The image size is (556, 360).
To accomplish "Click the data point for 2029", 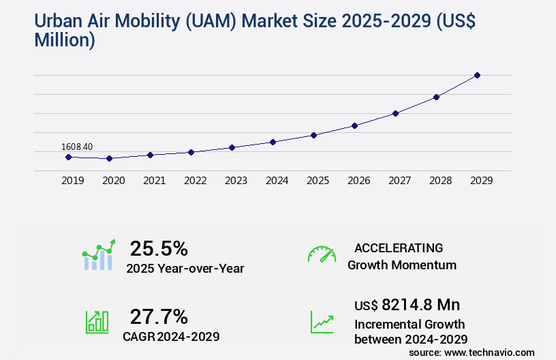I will click(477, 75).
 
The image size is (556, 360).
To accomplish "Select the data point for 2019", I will click(68, 157).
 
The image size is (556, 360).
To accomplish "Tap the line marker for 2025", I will click(313, 135).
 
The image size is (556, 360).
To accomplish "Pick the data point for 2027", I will click(395, 113).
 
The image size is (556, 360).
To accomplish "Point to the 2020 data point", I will click(109, 158).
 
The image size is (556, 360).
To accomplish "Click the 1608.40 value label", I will click(77, 147).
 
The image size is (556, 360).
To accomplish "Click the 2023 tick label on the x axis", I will click(236, 181).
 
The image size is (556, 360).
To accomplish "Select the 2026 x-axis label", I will click(358, 181).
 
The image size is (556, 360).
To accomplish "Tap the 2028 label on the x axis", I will click(440, 181).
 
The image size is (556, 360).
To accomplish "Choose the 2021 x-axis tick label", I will click(154, 181).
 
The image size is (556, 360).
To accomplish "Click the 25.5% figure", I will click(159, 248).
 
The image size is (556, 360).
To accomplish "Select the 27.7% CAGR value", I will click(159, 316).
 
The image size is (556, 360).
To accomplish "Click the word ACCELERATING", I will click(399, 247).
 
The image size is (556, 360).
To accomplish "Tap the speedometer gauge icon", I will click(322, 254).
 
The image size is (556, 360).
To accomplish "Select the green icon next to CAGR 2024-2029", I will click(97, 322).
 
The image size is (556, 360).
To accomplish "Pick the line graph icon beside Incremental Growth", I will click(322, 322).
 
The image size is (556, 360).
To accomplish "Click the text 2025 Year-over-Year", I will click(185, 269).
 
